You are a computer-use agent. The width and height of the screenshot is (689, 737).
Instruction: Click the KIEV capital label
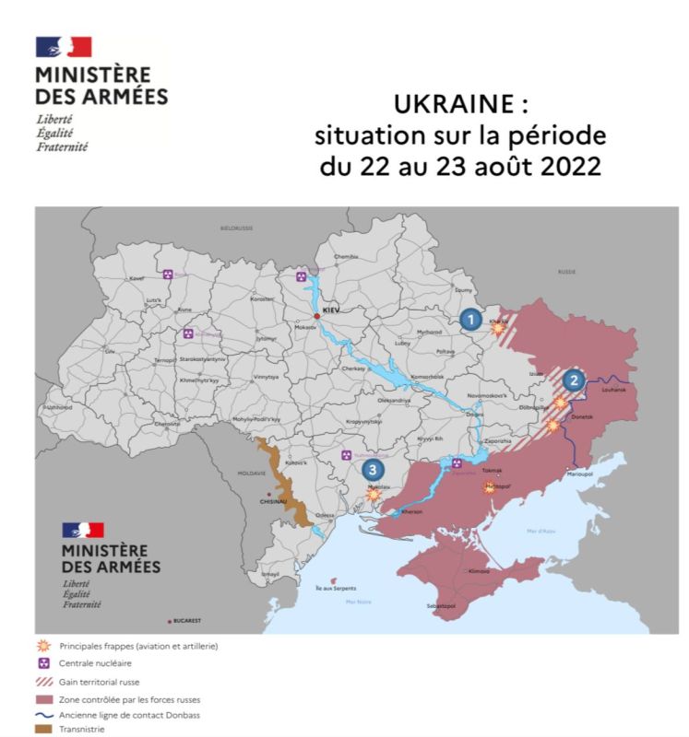pos(331,310)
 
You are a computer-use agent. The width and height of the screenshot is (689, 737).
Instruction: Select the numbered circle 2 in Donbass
pos(574,380)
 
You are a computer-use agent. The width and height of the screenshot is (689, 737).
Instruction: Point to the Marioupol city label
pos(579,474)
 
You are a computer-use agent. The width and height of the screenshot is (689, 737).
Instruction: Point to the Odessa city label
pos(325,515)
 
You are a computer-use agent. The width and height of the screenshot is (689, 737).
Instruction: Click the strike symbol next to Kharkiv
pos(499,327)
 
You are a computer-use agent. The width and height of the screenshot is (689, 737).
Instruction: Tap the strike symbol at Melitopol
pos(490,489)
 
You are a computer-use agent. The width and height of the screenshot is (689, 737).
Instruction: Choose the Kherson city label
pos(411,511)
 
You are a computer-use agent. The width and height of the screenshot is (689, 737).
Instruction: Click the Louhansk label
pos(612,391)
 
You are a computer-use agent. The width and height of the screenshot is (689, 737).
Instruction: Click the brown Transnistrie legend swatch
pos(42,730)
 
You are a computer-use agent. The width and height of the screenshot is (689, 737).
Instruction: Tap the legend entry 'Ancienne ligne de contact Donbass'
pos(129,715)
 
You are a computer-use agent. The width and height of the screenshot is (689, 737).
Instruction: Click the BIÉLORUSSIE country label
pos(236,227)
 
